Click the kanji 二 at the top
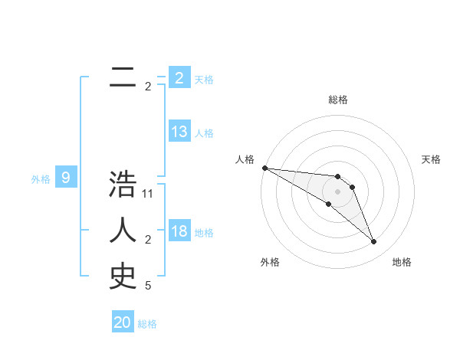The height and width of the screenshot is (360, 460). (x=123, y=77)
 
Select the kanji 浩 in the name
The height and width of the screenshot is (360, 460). (x=123, y=185)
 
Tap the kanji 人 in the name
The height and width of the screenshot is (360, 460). (x=123, y=230)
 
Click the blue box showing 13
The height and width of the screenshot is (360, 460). (x=179, y=132)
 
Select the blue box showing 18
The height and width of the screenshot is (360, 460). (x=179, y=231)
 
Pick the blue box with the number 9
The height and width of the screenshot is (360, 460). (x=66, y=178)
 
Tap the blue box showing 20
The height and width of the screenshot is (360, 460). (x=123, y=322)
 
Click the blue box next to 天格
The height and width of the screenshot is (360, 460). (x=179, y=77)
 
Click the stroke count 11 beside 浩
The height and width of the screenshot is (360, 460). (x=149, y=195)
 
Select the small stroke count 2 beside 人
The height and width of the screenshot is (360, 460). (x=148, y=241)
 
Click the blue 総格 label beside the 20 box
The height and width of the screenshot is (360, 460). (x=147, y=324)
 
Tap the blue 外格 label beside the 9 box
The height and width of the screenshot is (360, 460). (x=41, y=179)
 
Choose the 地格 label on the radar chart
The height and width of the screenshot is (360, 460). (x=402, y=262)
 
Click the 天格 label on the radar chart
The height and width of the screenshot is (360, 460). (x=432, y=159)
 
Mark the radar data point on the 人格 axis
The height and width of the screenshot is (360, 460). (x=264, y=168)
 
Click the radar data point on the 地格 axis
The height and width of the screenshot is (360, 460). (x=374, y=242)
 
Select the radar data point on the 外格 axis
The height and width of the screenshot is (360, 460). (x=328, y=204)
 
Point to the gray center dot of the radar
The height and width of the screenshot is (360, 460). (x=337, y=191)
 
